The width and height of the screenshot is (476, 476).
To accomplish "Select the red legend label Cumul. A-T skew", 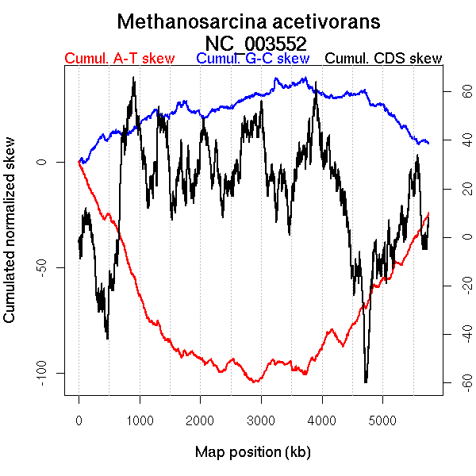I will point(119,59).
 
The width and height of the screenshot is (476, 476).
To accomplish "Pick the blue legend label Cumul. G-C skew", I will point(252,59).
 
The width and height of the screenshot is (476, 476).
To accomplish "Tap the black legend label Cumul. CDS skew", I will point(384,59).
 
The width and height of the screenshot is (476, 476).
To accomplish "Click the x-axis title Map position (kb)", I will point(252,452).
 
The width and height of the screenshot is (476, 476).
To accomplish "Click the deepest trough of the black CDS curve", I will point(366,382).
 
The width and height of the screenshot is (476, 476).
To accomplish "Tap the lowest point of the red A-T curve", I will point(255,382).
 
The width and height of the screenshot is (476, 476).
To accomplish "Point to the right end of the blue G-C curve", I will point(428,143).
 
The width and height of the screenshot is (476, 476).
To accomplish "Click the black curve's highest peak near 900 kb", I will point(134,78).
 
